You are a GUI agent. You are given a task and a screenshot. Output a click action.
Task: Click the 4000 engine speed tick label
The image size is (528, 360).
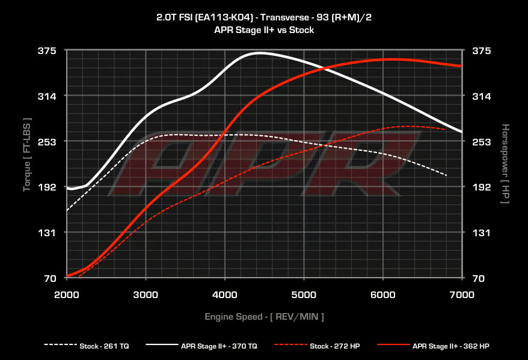[x=224, y=294]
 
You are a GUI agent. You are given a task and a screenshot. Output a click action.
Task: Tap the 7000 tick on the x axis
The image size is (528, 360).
[x=461, y=294]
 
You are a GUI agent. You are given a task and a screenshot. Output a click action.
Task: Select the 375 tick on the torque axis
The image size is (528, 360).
[x=48, y=51]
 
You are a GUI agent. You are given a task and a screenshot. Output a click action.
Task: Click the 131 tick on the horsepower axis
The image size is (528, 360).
[x=482, y=233]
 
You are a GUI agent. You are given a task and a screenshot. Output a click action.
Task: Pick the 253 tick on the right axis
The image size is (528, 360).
[x=482, y=142]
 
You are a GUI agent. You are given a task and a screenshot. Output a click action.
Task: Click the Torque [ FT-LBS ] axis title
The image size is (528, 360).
[x=26, y=154]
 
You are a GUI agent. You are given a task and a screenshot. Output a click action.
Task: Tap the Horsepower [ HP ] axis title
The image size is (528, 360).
[x=505, y=163]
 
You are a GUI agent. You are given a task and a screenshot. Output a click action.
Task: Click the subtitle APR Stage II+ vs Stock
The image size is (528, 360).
[x=264, y=29]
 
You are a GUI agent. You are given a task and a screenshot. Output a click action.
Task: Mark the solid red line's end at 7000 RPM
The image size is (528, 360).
[x=461, y=66]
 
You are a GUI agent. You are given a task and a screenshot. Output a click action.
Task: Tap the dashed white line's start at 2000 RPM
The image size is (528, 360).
[x=67, y=210]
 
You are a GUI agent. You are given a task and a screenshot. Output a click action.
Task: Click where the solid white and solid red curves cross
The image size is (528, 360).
[x=327, y=67]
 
